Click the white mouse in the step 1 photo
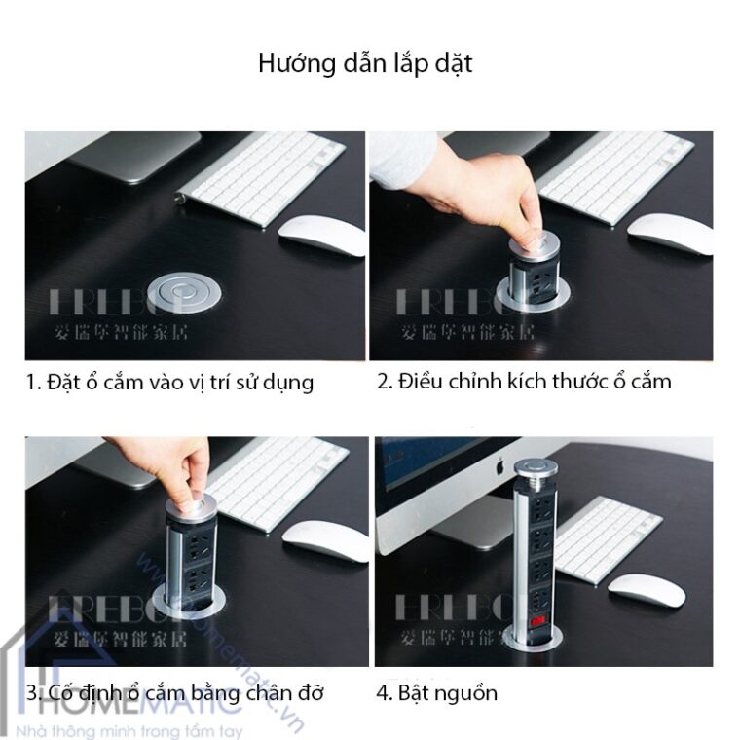point(321,235)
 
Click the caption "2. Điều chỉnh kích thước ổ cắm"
point(524,381)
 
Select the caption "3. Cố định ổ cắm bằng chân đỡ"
point(175,693)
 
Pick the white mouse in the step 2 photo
point(669,234)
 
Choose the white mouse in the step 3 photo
point(325,539)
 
